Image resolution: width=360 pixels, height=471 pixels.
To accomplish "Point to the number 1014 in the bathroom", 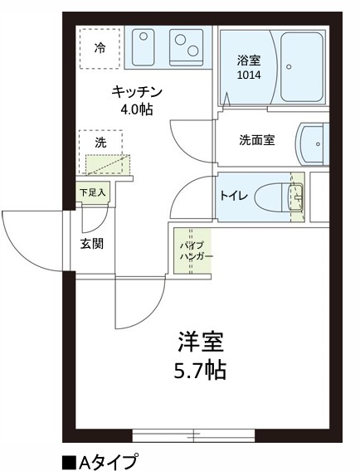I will (247, 75).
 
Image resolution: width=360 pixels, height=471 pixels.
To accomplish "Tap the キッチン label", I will (136, 91).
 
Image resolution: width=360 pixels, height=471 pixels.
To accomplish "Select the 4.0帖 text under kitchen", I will (136, 108).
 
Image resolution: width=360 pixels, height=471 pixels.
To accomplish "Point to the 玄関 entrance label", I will (91, 244).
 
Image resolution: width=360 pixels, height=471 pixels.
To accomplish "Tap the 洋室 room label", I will (201, 342).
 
